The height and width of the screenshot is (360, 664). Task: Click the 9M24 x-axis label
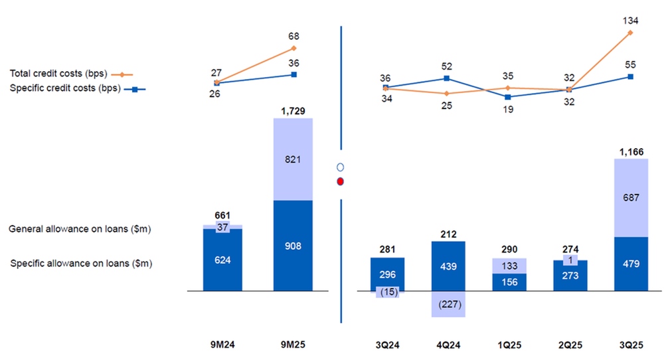(x=222, y=345)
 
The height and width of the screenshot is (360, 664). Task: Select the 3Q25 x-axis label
(x=631, y=345)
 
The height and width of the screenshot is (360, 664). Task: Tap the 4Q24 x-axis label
(x=448, y=345)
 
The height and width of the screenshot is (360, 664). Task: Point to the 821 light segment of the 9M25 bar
(x=293, y=159)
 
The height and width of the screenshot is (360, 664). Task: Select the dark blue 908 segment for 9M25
(x=293, y=246)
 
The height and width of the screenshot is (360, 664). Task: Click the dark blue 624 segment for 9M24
(x=222, y=260)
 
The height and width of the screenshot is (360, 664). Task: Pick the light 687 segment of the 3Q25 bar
(x=631, y=198)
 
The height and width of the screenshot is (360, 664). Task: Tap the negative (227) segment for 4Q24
(x=448, y=304)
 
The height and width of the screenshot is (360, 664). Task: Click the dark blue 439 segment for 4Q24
(x=448, y=266)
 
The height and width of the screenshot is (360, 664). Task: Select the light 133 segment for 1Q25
(x=509, y=266)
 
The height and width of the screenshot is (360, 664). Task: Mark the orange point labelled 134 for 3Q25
(x=630, y=32)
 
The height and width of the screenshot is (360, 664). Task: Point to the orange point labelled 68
(x=293, y=48)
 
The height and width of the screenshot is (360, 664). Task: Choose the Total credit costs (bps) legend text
(x=58, y=74)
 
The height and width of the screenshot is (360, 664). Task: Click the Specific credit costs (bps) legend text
(x=64, y=88)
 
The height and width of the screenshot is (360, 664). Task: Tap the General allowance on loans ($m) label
(x=80, y=229)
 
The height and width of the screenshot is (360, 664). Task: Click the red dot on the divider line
(x=341, y=181)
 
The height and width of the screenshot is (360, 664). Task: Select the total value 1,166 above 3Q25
(x=631, y=152)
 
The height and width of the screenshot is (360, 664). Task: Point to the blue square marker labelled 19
(x=508, y=97)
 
